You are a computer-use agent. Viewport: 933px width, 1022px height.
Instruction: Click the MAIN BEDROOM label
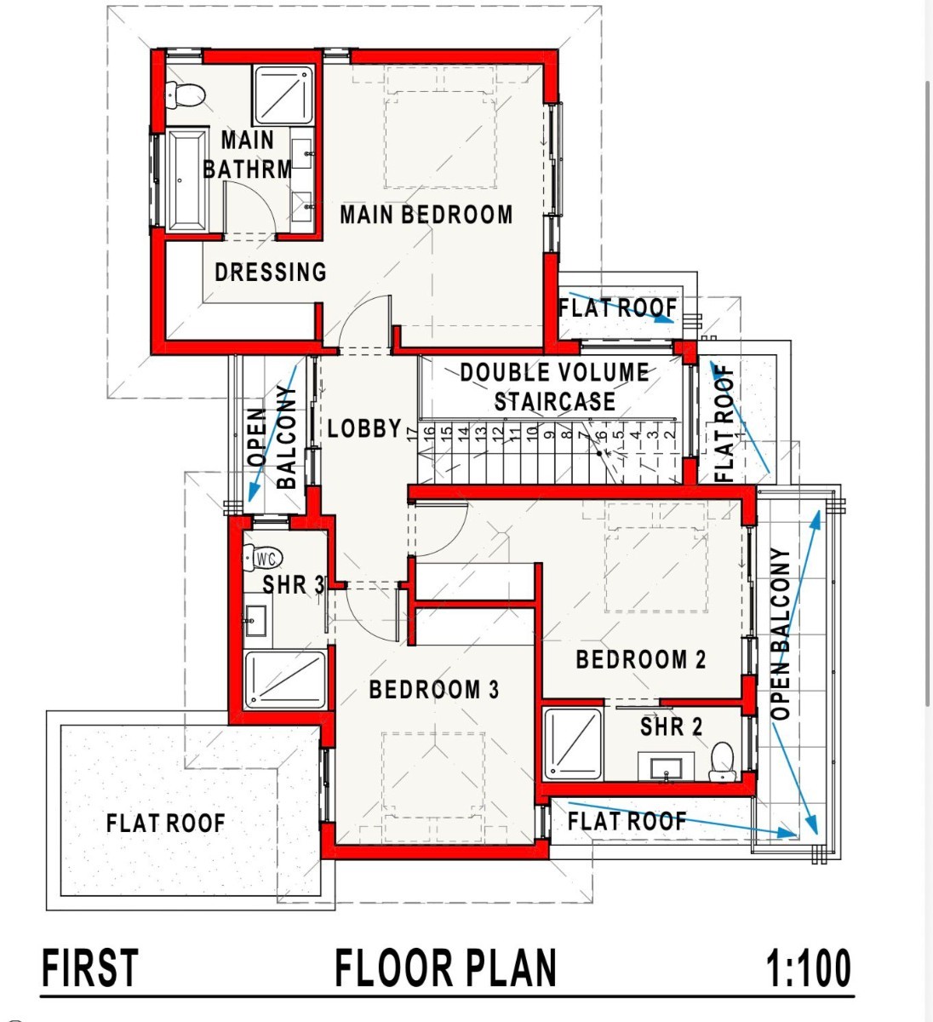click(426, 215)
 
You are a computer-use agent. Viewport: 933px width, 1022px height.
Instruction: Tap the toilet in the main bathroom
click(186, 95)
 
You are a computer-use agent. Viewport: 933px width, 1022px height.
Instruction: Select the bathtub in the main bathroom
click(187, 181)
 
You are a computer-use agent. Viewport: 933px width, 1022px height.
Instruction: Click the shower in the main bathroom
click(283, 95)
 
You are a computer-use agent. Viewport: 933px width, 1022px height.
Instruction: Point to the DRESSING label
click(271, 272)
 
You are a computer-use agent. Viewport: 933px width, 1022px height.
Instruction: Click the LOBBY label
click(364, 428)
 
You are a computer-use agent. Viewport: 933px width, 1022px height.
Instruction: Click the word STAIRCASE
click(555, 401)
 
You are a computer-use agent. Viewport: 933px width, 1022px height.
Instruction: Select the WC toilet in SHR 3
click(261, 558)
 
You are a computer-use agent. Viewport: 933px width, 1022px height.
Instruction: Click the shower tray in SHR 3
click(285, 680)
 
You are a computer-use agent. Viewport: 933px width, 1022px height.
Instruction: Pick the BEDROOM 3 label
click(434, 690)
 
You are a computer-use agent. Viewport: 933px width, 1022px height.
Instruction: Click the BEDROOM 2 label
click(641, 660)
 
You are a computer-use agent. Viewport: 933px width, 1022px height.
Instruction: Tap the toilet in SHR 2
click(723, 761)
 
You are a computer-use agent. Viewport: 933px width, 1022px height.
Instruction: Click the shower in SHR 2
click(573, 744)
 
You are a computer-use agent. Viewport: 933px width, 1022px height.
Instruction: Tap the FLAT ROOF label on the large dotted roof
click(165, 824)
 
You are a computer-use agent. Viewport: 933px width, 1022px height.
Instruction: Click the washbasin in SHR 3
click(255, 621)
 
